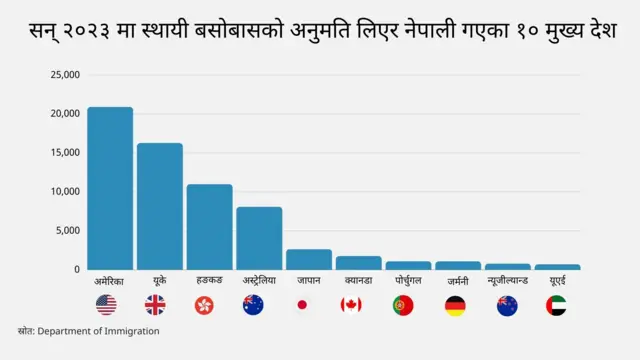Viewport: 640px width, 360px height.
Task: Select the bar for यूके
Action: coord(160,206)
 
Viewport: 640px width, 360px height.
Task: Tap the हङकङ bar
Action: coord(209,227)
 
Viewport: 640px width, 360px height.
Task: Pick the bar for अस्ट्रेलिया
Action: coord(259,238)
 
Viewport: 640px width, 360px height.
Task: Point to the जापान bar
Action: coord(309,259)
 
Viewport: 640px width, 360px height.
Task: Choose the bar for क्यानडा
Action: coord(358,262)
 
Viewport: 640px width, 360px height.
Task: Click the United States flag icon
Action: coord(106,305)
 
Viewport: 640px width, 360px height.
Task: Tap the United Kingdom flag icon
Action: coord(156,305)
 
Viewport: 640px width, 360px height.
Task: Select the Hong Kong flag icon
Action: coord(206,305)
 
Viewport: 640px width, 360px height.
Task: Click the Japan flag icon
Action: coord(302,305)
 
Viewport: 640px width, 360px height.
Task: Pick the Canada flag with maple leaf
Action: coord(351,305)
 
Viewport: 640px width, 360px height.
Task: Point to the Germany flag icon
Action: coord(455,305)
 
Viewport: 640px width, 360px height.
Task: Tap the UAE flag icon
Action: coord(557,305)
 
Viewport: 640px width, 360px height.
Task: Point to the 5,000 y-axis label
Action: coord(67,231)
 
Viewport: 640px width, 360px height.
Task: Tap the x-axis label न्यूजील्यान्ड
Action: coord(507,281)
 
